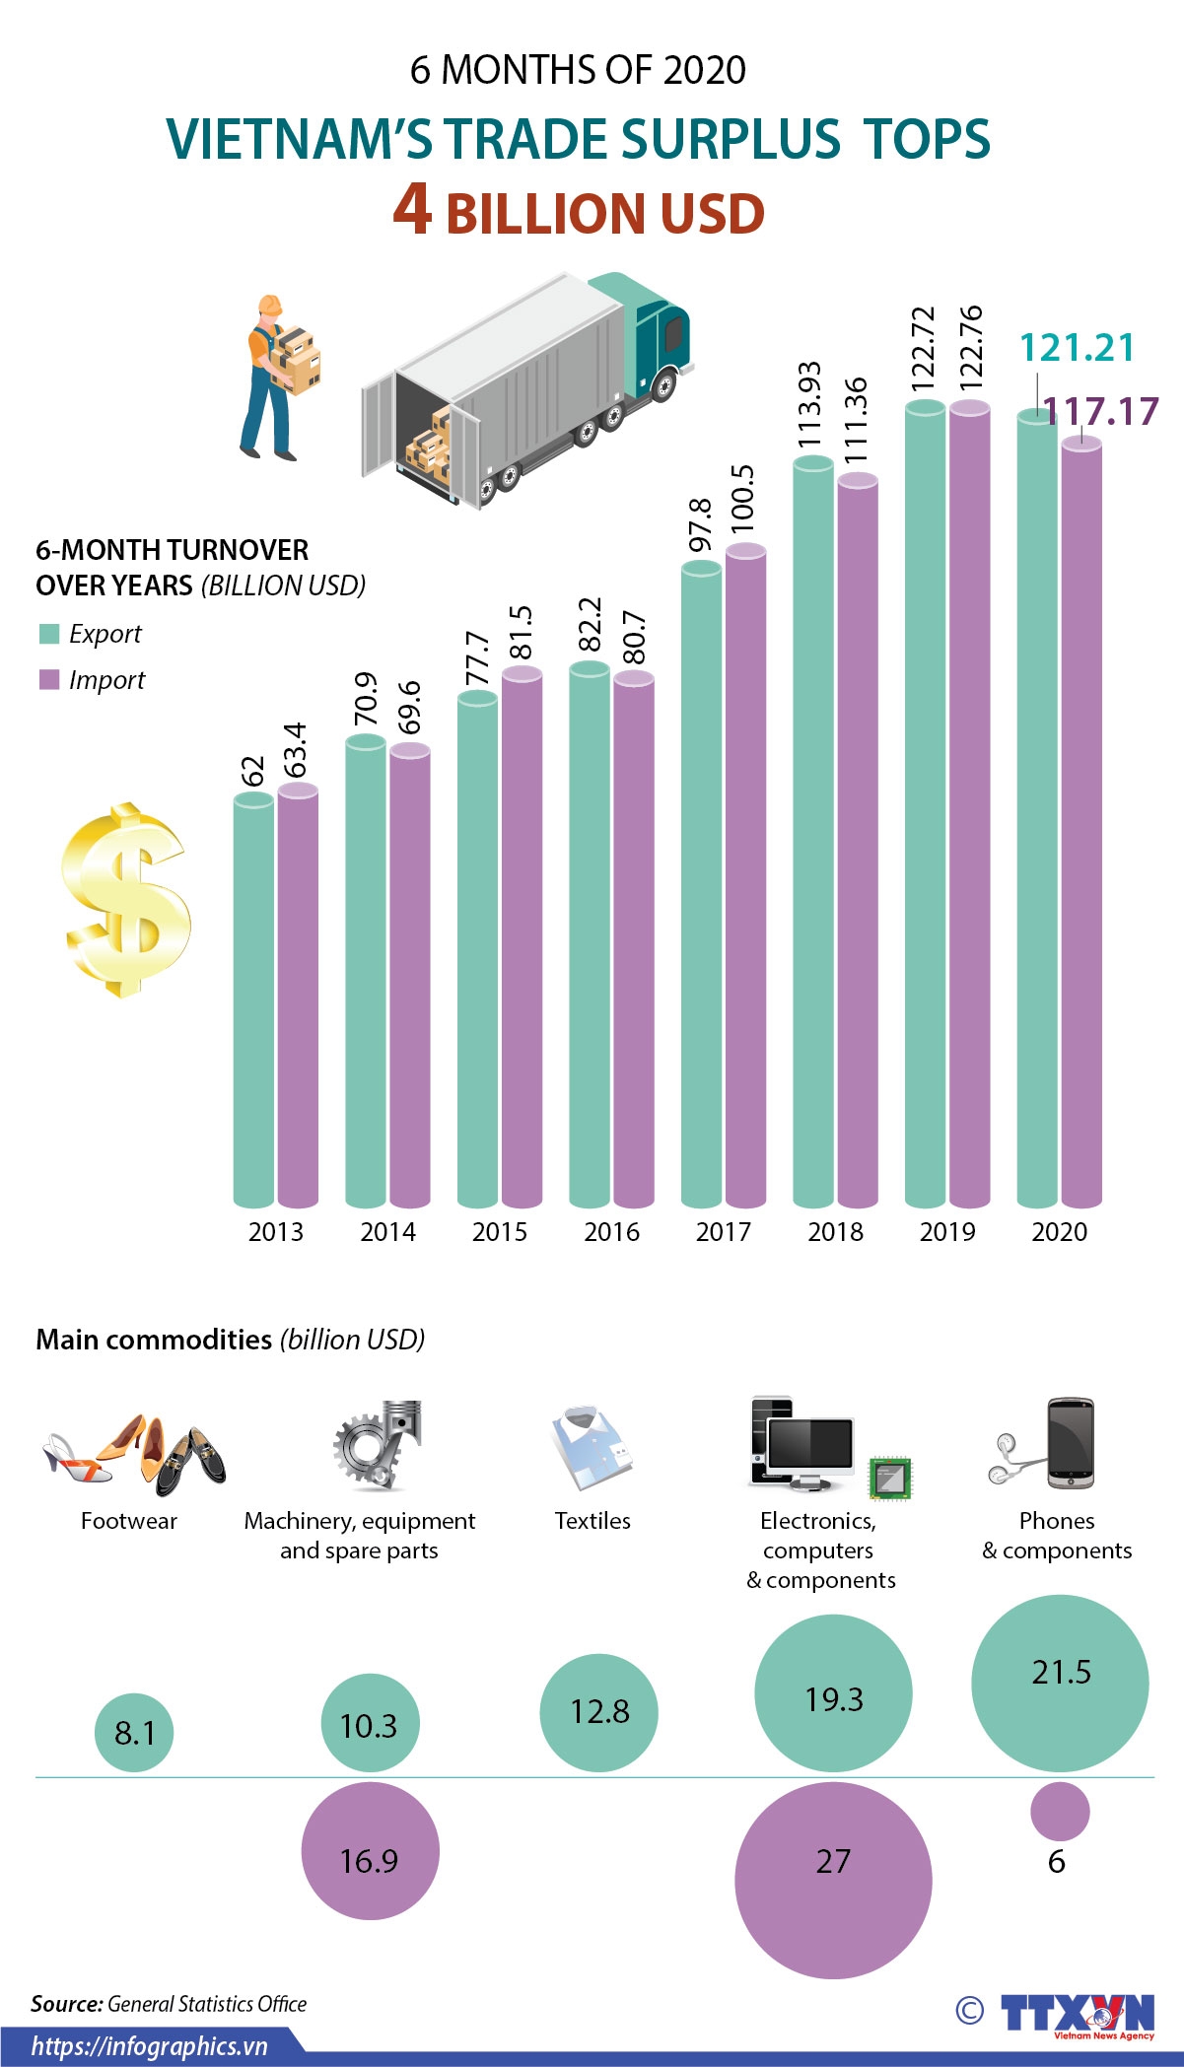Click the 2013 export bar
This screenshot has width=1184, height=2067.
click(x=253, y=1000)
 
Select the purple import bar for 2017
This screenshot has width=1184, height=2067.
click(x=745, y=877)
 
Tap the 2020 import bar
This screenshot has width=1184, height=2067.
click(x=1081, y=823)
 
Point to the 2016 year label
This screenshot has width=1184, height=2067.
click(x=611, y=1231)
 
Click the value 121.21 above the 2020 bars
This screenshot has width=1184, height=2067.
click(x=1077, y=348)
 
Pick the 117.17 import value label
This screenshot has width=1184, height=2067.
click(x=1100, y=411)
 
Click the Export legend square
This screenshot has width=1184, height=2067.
click(x=49, y=634)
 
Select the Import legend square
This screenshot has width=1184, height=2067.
click(x=49, y=680)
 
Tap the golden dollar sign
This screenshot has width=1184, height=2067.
click(x=125, y=899)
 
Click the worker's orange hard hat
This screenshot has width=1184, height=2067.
click(x=269, y=304)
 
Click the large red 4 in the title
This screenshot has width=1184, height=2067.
click(x=412, y=210)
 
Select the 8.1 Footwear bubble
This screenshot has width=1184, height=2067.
click(x=134, y=1732)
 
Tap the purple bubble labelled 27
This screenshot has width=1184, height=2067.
click(x=833, y=1880)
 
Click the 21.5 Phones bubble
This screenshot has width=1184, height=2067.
click(x=1060, y=1684)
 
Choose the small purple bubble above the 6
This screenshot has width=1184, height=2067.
click(x=1060, y=1811)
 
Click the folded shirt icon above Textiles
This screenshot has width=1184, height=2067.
click(x=591, y=1447)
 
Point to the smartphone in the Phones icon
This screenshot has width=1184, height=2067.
click(x=1070, y=1443)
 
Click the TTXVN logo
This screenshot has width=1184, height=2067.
click(x=1077, y=2012)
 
